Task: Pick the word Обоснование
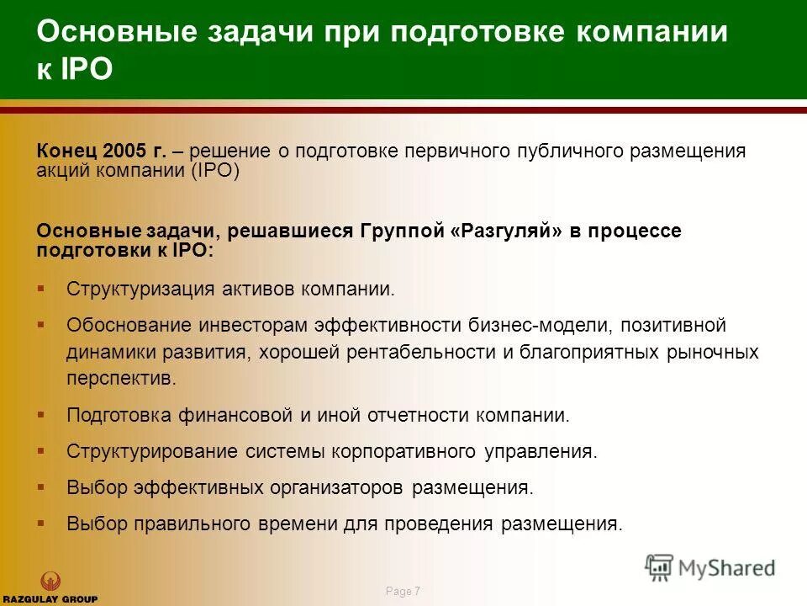[130, 325]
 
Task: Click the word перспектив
[122, 379]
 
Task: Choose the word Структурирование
[153, 451]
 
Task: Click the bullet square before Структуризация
[40, 288]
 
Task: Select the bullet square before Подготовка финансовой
[40, 413]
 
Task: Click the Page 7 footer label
[403, 592]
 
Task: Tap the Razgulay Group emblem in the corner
[50, 581]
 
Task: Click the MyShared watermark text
[726, 568]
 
